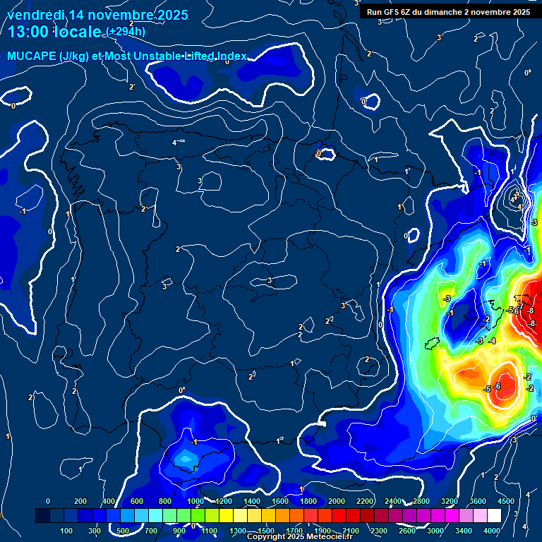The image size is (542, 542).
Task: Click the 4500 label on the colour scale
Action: point(506,501)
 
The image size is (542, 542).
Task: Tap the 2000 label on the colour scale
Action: point(336,501)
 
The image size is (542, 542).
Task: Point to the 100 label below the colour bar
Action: point(67,531)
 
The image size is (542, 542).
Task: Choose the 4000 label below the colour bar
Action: point(492,531)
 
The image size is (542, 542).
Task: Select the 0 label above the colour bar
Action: point(48,501)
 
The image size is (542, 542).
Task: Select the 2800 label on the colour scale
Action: point(421,501)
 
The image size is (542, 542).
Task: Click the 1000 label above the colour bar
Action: point(195,501)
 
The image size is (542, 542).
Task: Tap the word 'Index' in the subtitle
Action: point(230,56)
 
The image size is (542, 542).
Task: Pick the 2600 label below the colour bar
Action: point(407,531)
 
